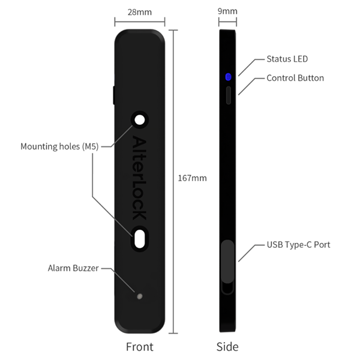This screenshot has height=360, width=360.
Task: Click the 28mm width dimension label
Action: pos(139,11)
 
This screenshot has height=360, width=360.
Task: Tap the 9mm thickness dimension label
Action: pos(228,11)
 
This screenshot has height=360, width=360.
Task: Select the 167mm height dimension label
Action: pos(192,178)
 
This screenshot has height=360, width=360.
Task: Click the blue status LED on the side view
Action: pos(228,77)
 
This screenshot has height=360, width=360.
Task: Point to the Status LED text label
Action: pos(287,59)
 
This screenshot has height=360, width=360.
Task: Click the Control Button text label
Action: pos(295,78)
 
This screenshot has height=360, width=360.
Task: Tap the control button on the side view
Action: pos(228,95)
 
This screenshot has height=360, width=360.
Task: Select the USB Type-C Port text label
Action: pos(298,245)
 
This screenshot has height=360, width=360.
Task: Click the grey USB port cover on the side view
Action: pos(228,260)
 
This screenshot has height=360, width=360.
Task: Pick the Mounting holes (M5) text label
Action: pos(59,146)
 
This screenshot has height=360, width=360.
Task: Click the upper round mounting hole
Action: pos(140,120)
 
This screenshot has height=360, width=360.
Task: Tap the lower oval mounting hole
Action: pos(140,239)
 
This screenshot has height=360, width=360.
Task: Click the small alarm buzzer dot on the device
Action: pos(140,296)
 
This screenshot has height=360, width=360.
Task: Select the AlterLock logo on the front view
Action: pos(140,178)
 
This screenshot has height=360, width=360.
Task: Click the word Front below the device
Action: pos(139,347)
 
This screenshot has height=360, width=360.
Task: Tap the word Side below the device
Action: pos(227,347)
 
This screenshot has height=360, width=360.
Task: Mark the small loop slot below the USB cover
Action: pos(228,289)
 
